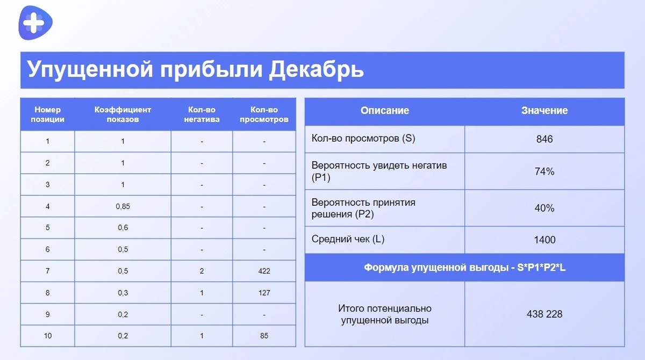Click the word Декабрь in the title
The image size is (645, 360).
(316, 70)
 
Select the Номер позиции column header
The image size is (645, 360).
(47, 114)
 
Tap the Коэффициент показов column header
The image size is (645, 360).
(123, 114)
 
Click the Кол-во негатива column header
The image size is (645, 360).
(202, 114)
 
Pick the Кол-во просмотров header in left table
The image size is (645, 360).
(264, 114)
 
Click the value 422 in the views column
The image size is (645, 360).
(264, 271)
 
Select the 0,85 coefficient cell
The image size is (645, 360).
(123, 206)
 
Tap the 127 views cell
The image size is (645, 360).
(264, 293)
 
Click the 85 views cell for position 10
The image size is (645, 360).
(264, 336)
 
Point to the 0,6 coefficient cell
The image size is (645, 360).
(123, 227)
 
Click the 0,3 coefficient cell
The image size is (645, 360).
(123, 293)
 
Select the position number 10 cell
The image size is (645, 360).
(47, 336)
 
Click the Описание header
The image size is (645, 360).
(384, 111)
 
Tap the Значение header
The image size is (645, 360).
(544, 111)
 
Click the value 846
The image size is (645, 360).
(544, 139)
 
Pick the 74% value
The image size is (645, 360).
(544, 172)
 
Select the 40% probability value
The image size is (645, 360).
(544, 208)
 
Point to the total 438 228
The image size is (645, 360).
(544, 314)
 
